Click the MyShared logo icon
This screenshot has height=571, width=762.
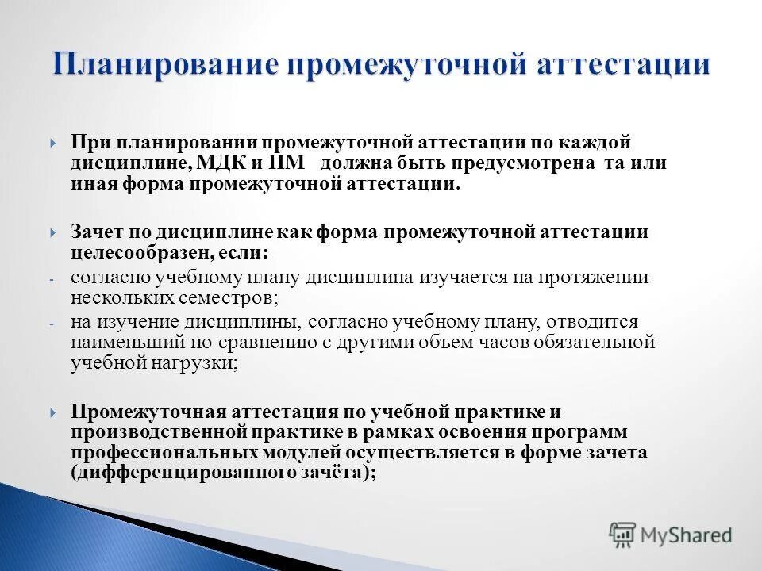click(623, 535)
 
